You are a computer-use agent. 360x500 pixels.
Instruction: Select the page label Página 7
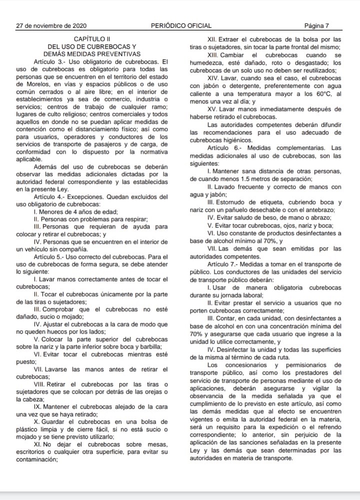point(316,25)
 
